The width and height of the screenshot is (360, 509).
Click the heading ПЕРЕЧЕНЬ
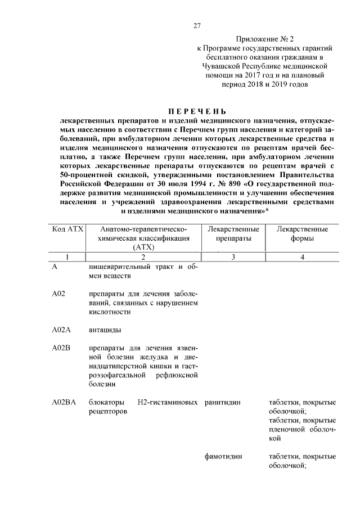pos(195,110)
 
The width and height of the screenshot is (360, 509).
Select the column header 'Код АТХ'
pos(67,229)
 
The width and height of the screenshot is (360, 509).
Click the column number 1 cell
pos(67,257)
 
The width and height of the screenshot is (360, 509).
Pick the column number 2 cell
pos(143,257)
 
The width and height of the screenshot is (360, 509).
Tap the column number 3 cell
pos(233,257)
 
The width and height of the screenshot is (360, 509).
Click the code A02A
pos(62,330)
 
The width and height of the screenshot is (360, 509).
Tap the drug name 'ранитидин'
pos(223,403)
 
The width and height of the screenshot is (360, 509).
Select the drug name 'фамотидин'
pos(224,457)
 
